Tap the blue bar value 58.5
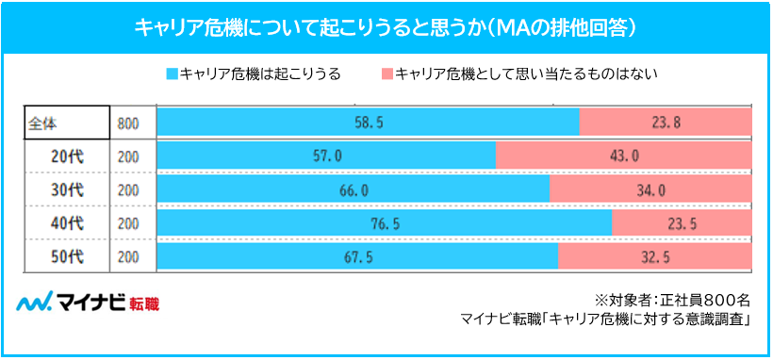point(369,122)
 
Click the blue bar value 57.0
point(326,155)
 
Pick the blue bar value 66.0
point(353,189)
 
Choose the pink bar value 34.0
point(650,189)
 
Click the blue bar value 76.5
point(384,223)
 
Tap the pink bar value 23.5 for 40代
point(682,223)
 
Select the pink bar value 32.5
point(654,256)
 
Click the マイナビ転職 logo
point(89,303)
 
